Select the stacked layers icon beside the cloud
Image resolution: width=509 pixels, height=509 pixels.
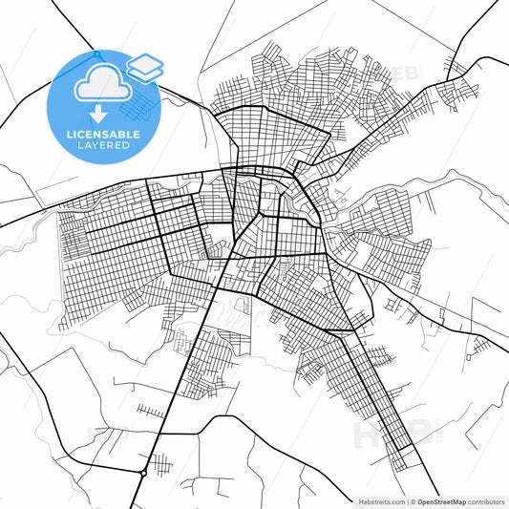[x=145, y=68]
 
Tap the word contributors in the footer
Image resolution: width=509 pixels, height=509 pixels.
[x=486, y=500]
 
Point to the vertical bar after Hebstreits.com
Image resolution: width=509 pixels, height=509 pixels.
[x=405, y=500]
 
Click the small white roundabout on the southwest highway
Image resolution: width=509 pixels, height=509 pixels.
[x=142, y=473]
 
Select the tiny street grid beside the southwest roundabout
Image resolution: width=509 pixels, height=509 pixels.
[x=161, y=465]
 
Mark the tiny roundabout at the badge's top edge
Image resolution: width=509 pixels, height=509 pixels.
[x=95, y=51]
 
